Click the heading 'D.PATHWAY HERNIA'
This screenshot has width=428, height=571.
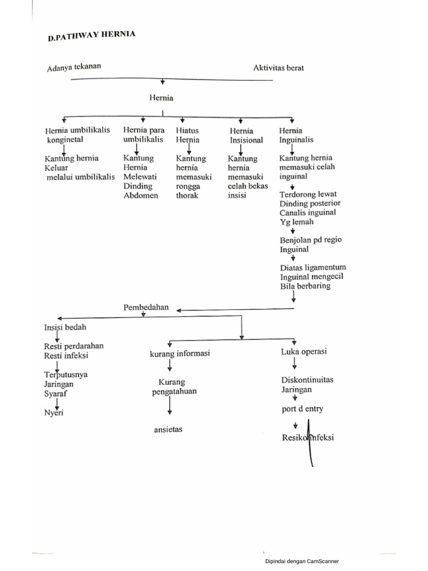tap(91, 37)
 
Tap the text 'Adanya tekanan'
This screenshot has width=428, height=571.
tap(74, 69)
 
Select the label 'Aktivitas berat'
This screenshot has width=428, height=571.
tap(279, 67)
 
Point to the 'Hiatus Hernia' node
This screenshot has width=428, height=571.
tap(188, 134)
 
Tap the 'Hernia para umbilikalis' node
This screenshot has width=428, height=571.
tap(144, 134)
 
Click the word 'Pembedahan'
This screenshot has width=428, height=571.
tap(145, 307)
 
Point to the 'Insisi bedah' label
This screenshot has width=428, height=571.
tap(65, 327)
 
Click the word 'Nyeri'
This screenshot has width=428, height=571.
tap(54, 413)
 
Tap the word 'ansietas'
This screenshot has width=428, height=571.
tap(169, 429)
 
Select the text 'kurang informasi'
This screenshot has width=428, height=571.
tap(179, 354)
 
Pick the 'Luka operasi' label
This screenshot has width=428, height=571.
tap(304, 352)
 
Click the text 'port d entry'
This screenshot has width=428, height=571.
tap(302, 409)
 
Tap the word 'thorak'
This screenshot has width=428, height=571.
tap(187, 196)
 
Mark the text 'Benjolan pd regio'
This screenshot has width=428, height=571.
tap(311, 240)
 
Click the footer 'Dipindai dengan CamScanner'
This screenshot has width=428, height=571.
tap(301, 562)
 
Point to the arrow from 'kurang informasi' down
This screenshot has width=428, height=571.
tap(169, 366)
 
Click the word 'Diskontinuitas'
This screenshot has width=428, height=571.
tap(307, 380)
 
